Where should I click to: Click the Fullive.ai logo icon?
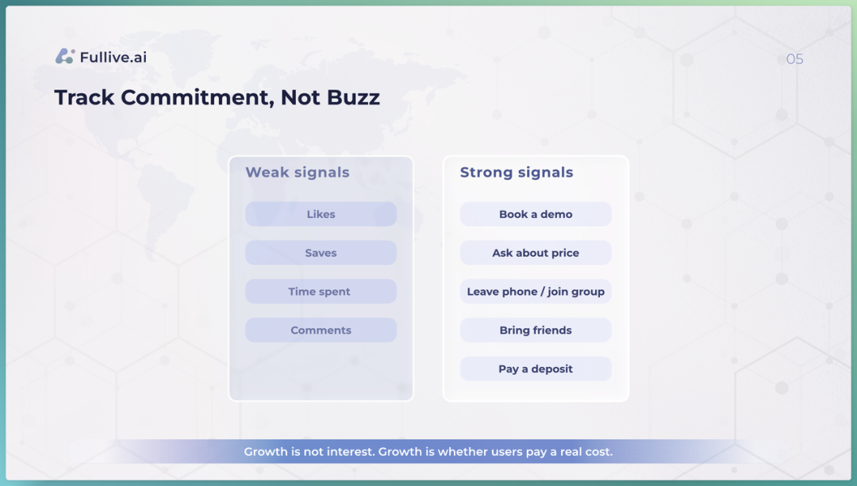point(65,56)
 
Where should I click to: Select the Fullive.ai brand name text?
point(113,57)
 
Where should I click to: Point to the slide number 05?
point(794,59)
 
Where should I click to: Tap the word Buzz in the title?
point(353,98)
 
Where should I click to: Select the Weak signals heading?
point(298,173)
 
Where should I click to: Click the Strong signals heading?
point(517,173)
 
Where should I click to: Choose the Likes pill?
point(321,214)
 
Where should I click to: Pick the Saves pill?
point(321,253)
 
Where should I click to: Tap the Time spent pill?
point(321,292)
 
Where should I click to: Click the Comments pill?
point(321,331)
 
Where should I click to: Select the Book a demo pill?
point(536,214)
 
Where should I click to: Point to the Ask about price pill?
point(536,253)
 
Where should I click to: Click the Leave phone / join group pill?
point(536,292)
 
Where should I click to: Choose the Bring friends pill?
point(536,331)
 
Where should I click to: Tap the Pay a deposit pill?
point(536,369)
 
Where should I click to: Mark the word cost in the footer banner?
point(599,452)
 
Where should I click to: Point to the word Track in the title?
point(84,98)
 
